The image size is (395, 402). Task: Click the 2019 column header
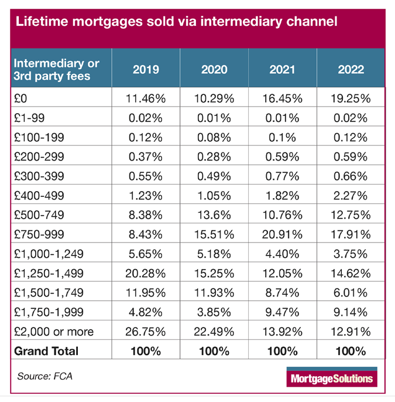(146, 70)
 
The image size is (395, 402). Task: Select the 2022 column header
(351, 70)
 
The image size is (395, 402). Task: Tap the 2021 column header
(283, 70)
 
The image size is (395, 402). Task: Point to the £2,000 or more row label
(53, 332)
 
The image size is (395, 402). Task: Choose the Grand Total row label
(46, 351)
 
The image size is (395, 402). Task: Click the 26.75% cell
(146, 332)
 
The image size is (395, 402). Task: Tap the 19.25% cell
(351, 98)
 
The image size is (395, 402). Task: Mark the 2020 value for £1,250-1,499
(214, 273)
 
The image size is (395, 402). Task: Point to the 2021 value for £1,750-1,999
(283, 312)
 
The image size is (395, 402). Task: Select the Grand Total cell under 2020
(214, 351)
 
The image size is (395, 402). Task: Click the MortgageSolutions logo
(331, 378)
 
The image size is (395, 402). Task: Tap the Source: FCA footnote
(44, 374)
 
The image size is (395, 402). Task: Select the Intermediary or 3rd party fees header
(56, 70)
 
